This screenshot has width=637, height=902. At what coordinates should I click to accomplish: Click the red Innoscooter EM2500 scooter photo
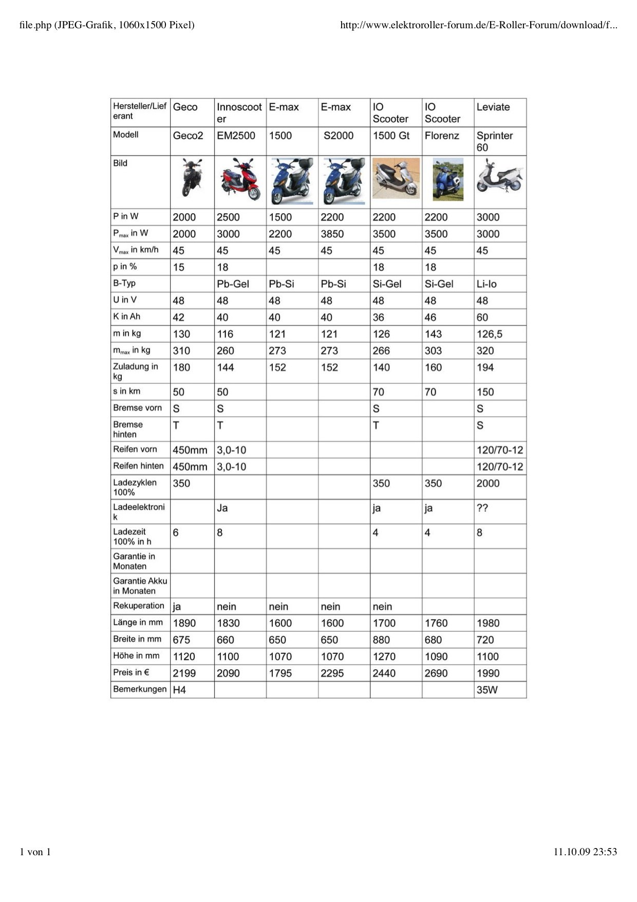[x=240, y=180]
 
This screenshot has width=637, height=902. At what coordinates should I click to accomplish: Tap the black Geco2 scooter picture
[x=191, y=178]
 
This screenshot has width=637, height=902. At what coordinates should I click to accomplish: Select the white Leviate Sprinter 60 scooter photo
[x=499, y=176]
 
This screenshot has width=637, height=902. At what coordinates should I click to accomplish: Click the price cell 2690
[x=436, y=673]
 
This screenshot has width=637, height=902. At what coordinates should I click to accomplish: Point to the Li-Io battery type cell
[x=486, y=284]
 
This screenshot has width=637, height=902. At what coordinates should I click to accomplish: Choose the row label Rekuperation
[x=139, y=606]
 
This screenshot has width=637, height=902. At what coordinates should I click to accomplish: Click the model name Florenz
[x=442, y=136]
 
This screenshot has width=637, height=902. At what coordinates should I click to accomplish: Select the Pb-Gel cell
[x=233, y=284]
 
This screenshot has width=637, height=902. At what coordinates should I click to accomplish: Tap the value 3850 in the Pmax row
[x=332, y=234]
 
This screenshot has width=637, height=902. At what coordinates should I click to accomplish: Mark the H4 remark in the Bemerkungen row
[x=179, y=690]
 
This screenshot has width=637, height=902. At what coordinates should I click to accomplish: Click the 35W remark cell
[x=487, y=690]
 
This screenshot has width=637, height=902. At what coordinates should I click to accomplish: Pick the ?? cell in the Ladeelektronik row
[x=482, y=508]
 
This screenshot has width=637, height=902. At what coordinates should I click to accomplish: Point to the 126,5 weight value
[x=489, y=335]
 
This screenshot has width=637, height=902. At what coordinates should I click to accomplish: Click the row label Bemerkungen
[x=140, y=689]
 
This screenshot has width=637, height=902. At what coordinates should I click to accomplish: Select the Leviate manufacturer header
[x=493, y=107]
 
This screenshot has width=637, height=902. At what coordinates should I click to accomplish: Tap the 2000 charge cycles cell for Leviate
[x=488, y=484]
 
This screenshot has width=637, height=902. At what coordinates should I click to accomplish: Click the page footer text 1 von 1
[x=35, y=852]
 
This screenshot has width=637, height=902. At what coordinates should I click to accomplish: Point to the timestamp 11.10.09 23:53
[x=585, y=852]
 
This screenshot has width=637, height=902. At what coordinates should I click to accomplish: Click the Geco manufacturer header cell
[x=185, y=107]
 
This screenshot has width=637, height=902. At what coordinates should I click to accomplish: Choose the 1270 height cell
[x=384, y=657]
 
